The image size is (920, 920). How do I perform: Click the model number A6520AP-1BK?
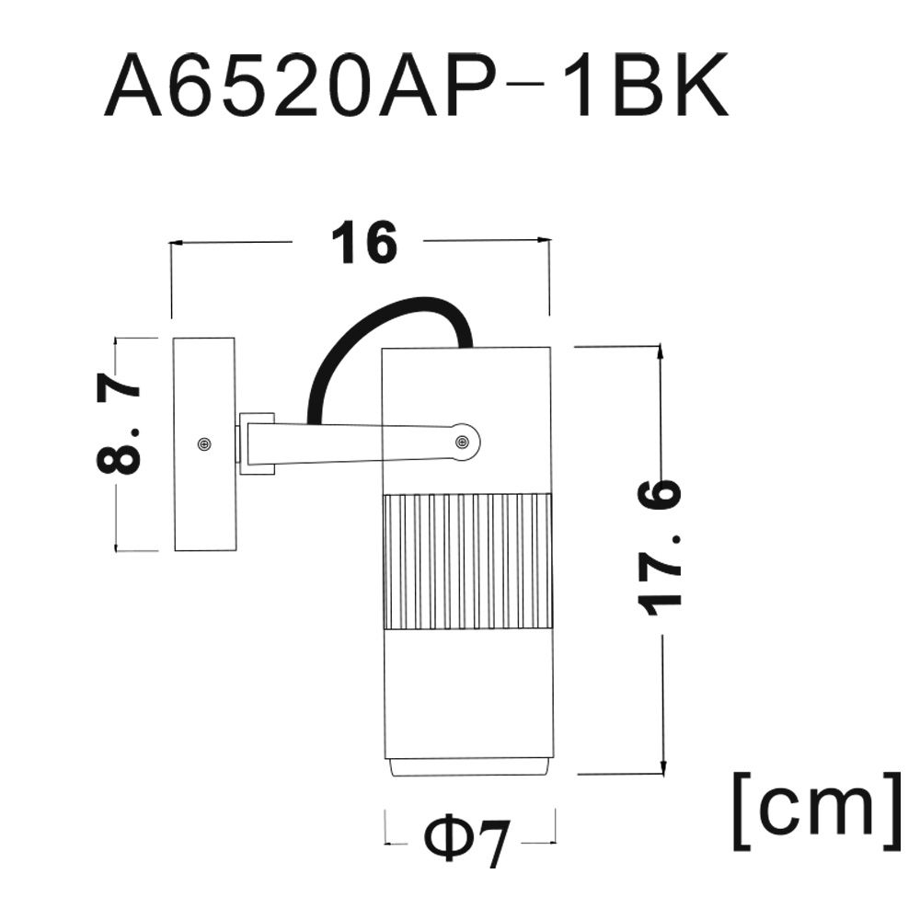click(x=416, y=86)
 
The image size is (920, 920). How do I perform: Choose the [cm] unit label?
click(x=817, y=811)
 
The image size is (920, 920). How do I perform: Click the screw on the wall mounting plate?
click(x=204, y=443)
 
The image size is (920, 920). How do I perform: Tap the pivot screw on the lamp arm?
click(x=463, y=442)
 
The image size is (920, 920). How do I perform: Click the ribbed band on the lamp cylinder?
click(x=467, y=563)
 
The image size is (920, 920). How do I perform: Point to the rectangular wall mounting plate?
click(x=205, y=444)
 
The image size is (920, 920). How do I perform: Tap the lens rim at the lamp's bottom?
click(x=467, y=765)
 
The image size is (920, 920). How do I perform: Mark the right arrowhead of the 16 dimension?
click(x=545, y=239)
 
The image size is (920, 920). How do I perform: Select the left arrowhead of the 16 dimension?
click(x=176, y=241)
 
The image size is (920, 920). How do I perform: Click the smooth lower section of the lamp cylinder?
click(x=467, y=694)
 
